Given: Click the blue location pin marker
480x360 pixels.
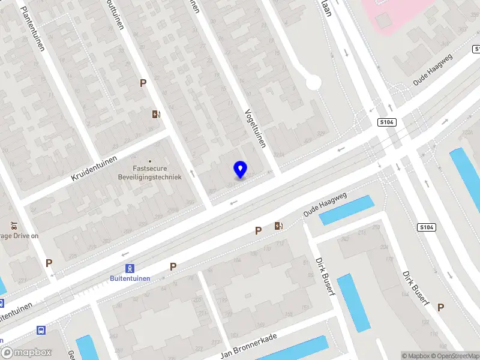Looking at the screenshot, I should tap(241, 170).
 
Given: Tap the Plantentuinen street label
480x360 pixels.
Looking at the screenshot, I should tap(32, 28).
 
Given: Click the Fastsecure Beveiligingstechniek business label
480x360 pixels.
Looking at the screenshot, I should tap(149, 173).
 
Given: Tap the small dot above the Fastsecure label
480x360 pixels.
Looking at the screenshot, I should tap(150, 160).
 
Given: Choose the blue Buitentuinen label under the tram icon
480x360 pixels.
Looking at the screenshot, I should tap(130, 278).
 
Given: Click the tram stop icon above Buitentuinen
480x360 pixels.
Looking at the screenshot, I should tap(129, 268).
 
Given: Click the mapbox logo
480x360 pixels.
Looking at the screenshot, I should tap(26, 353).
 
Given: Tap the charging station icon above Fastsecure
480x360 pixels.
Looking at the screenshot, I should tap(157, 114).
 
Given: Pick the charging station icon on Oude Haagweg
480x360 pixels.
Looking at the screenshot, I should tap(278, 226).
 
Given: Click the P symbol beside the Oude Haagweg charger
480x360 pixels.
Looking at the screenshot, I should tap(259, 230).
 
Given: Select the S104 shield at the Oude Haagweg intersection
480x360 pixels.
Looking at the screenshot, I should tap(386, 122).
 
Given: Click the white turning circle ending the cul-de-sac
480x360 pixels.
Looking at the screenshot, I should tap(313, 82).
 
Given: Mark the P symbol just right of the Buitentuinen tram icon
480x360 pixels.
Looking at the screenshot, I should tap(173, 266).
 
